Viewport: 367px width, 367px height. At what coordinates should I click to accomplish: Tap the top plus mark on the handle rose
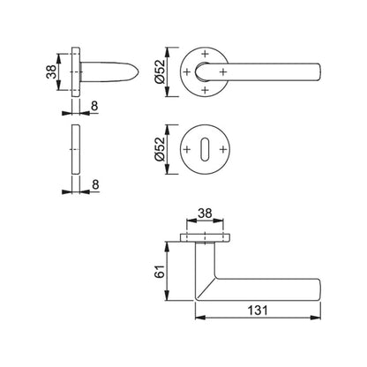tap(206, 51)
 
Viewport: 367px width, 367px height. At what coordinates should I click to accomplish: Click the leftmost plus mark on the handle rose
tap(189, 70)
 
